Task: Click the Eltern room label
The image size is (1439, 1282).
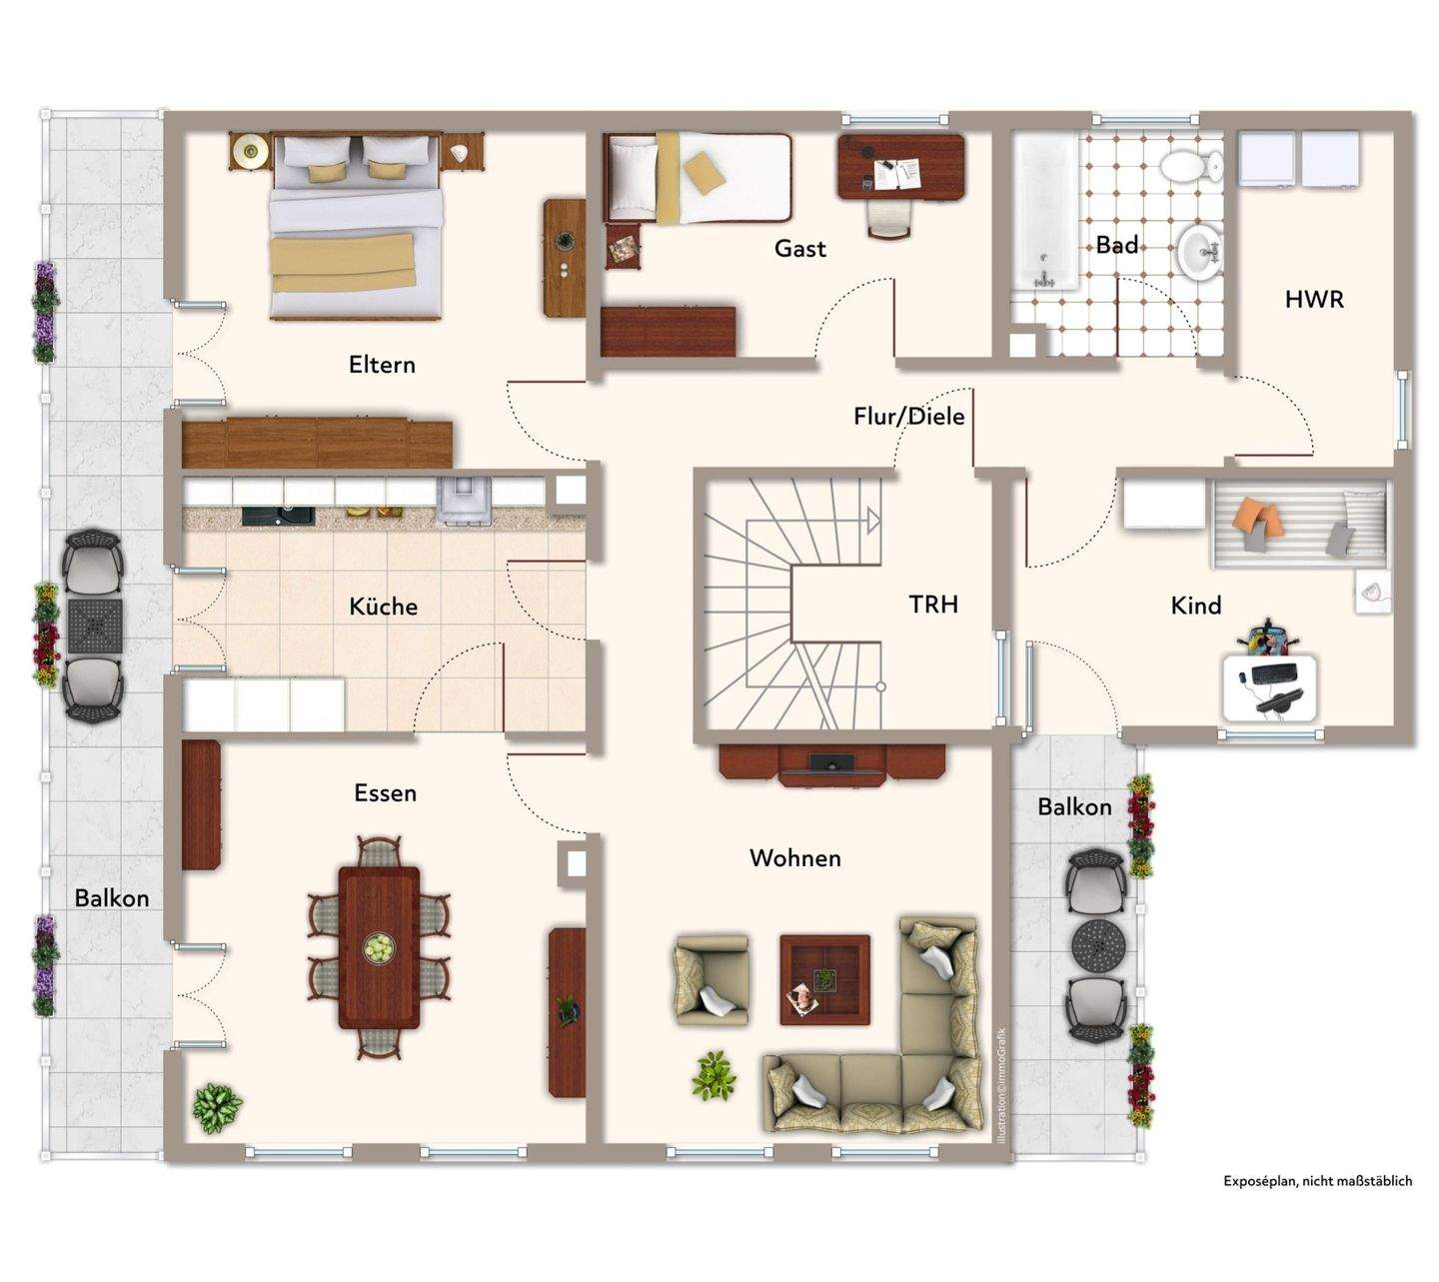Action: (x=382, y=365)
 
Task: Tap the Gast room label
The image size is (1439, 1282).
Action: (x=799, y=248)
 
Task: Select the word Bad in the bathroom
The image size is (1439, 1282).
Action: (x=1116, y=245)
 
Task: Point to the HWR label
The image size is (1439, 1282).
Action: (x=1314, y=300)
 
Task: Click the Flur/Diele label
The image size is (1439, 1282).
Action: (x=909, y=416)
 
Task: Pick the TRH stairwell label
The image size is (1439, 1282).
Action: (x=933, y=605)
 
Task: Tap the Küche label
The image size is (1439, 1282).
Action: (x=383, y=606)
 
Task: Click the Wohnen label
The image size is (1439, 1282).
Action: (x=794, y=858)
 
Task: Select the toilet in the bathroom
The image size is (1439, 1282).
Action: (x=1191, y=167)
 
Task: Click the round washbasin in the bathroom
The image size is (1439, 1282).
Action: (x=1199, y=251)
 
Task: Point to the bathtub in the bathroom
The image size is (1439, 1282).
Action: (x=1045, y=213)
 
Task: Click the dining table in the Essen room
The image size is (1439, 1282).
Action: (x=379, y=947)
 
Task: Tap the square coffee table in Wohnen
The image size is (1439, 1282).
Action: (x=824, y=980)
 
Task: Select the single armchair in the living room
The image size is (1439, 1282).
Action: (x=711, y=980)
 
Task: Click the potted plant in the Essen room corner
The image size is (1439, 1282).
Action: (x=217, y=1107)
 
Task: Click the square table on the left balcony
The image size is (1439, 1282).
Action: (x=95, y=627)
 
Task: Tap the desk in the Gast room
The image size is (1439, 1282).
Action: (x=900, y=168)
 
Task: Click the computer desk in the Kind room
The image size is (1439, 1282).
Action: (x=1270, y=687)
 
